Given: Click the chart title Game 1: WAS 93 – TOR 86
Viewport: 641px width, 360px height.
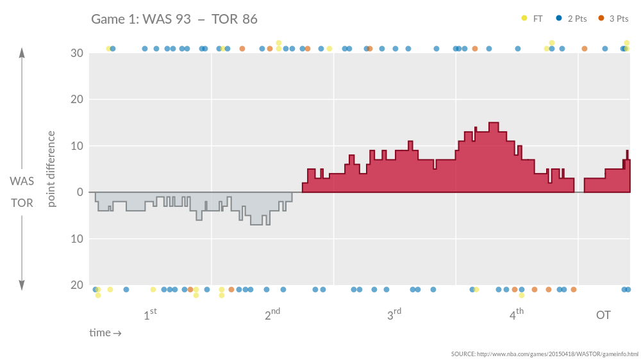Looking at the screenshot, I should [x=174, y=19].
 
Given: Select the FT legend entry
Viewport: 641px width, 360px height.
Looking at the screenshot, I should [x=532, y=19].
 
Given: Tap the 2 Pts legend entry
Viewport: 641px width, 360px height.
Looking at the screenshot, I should [x=572, y=19].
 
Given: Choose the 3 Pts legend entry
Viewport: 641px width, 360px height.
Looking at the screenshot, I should [x=613, y=19].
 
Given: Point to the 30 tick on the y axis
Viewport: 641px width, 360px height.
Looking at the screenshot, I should [x=76, y=53].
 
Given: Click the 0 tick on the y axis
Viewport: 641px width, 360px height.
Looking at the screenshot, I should [x=80, y=192].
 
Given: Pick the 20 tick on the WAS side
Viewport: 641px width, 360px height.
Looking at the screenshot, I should [x=76, y=99].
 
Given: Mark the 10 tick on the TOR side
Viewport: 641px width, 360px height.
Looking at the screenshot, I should [x=76, y=239].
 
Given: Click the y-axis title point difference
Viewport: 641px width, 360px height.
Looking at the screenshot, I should [x=52, y=168].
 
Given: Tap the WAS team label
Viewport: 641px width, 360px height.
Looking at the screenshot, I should [x=22, y=181].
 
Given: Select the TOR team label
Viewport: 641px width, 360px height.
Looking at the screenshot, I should [x=22, y=203].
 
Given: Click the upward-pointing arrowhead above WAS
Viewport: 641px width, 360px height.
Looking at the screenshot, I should [x=22, y=53].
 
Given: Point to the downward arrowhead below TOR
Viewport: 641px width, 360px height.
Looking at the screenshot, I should [x=22, y=285].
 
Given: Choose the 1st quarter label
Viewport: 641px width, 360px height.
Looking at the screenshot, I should [x=150, y=315].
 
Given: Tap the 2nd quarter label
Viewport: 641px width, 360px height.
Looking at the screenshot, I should [x=272, y=315].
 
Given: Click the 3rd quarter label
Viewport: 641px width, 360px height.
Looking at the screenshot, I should [x=394, y=315].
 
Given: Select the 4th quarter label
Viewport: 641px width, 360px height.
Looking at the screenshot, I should [x=517, y=315].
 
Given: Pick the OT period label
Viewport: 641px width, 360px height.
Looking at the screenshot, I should [x=603, y=315].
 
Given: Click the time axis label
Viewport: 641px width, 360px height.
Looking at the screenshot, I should [x=105, y=333].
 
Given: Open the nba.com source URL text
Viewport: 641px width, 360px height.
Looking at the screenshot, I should [x=544, y=354].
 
